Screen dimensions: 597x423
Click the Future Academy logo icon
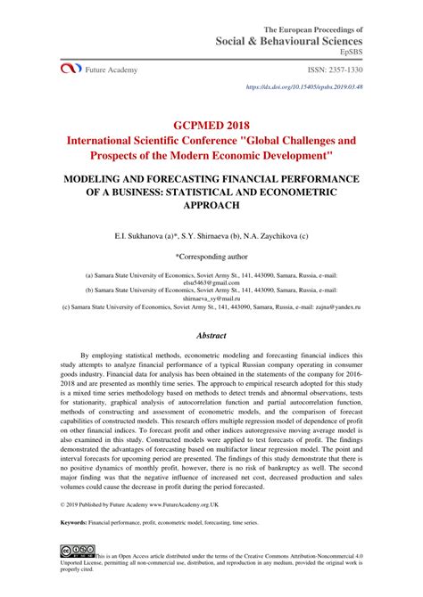click(70, 69)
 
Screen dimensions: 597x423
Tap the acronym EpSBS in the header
click(349, 53)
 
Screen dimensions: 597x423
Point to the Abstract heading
click(211, 337)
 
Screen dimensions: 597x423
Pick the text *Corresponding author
click(211, 255)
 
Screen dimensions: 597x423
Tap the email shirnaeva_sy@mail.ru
click(211, 298)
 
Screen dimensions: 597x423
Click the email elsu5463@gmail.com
click(211, 282)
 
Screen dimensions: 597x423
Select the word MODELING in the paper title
click(95, 178)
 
